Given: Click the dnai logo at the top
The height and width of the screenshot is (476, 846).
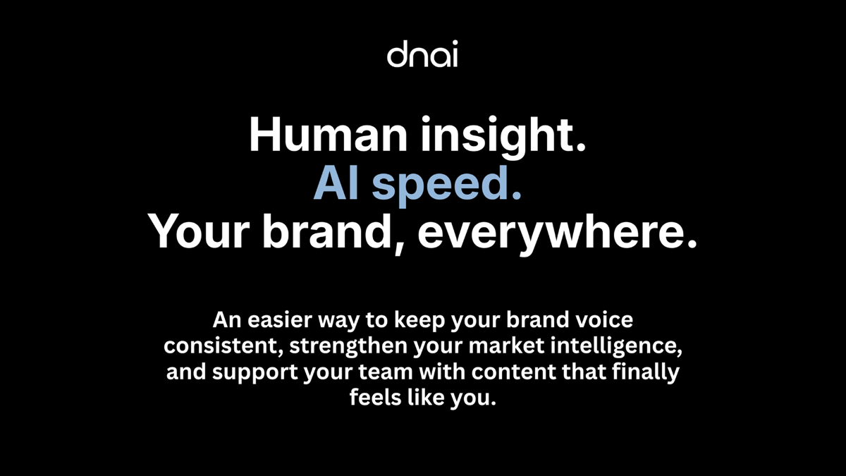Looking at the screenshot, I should (422, 56).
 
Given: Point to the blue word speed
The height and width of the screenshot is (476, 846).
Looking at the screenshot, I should (447, 185).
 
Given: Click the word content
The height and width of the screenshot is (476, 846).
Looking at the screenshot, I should (498, 372).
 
